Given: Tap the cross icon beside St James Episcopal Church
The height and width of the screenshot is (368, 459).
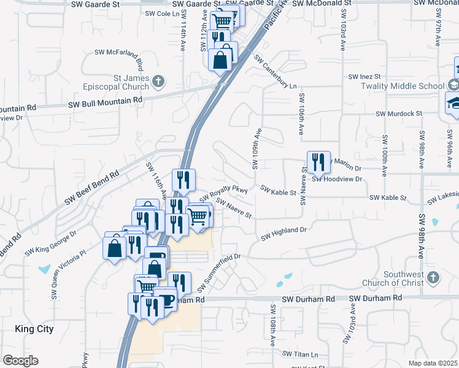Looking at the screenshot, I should tap(158, 80).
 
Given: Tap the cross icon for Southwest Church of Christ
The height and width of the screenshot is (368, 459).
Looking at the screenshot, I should tap(432, 277).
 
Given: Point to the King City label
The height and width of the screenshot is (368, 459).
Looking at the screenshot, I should tap(34, 329).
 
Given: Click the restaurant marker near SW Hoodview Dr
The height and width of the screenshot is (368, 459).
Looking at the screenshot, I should tap(318, 163).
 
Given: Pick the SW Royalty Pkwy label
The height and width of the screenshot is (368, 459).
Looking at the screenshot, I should tap(223, 193).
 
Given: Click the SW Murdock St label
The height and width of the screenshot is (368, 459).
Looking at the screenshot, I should tap(399, 113).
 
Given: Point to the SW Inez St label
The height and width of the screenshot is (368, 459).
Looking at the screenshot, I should tap(365, 77).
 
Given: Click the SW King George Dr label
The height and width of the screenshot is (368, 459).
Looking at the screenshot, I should tap(51, 243).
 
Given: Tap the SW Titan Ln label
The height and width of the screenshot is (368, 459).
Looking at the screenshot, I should tap(301, 354).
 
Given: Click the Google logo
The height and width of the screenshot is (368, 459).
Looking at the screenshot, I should tap(20, 361).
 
